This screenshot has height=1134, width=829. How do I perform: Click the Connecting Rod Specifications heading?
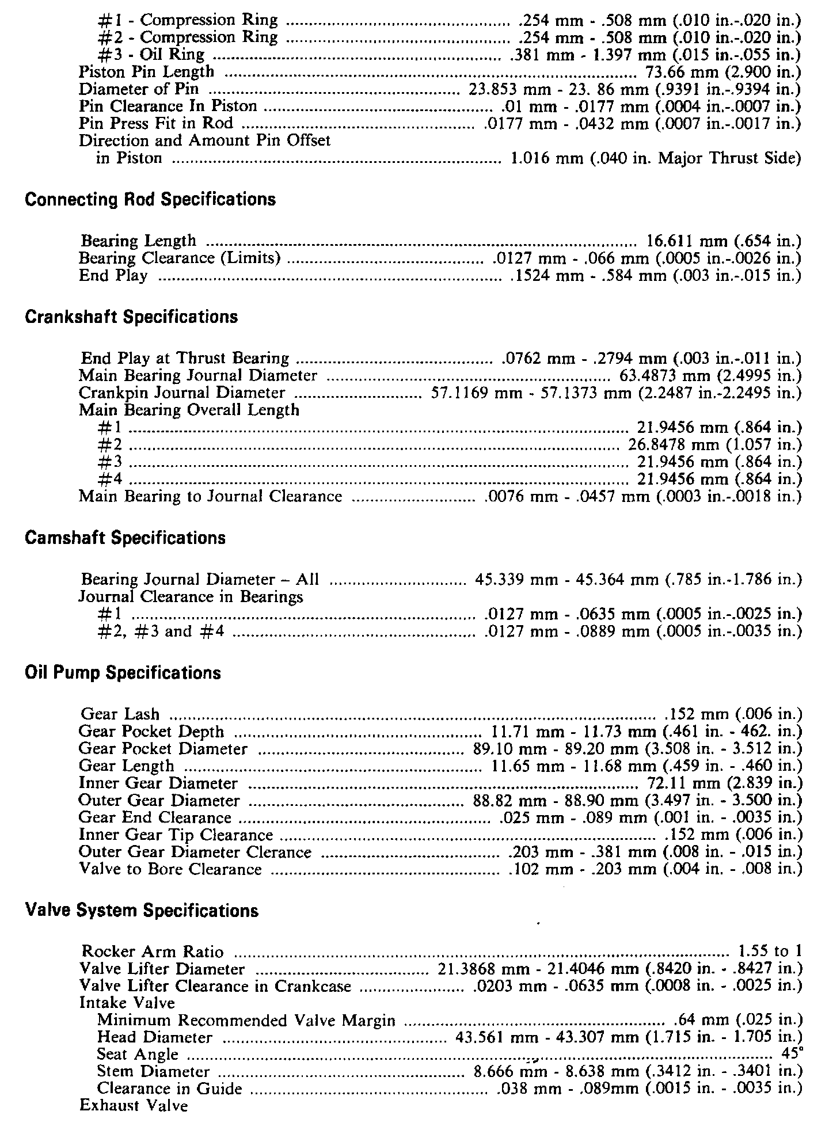pyautogui.click(x=150, y=200)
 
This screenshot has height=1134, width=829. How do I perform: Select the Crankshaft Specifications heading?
pyautogui.click(x=131, y=317)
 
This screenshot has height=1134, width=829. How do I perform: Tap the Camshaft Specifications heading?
pyautogui.click(x=126, y=538)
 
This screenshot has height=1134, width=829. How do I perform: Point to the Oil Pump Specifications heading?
pyautogui.click(x=123, y=673)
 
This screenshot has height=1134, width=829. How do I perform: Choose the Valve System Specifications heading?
pyautogui.click(x=142, y=911)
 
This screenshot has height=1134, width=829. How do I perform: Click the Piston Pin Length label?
pyautogui.click(x=146, y=72)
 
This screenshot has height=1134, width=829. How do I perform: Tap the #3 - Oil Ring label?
pyautogui.click(x=151, y=55)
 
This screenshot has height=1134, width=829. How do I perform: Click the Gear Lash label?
pyautogui.click(x=120, y=714)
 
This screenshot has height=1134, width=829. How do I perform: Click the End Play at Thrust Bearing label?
pyautogui.click(x=185, y=359)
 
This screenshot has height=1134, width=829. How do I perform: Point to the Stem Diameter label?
pyautogui.click(x=153, y=1072)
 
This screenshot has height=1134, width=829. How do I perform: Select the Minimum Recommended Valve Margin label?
pyautogui.click(x=246, y=1021)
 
